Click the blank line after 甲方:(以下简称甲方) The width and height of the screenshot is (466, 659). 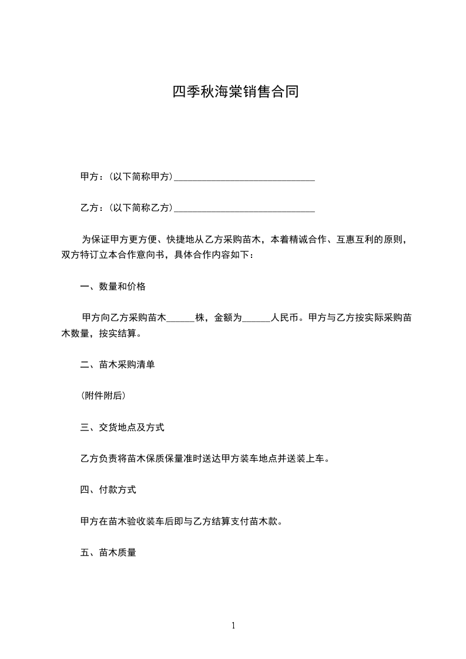click(x=244, y=177)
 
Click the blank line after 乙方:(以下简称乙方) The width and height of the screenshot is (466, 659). click(x=244, y=208)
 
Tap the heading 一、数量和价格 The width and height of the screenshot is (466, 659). click(x=113, y=287)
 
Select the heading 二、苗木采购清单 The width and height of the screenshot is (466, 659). click(x=118, y=365)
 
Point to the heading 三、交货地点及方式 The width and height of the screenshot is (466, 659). click(x=122, y=428)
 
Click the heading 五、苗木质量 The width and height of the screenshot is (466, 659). click(x=108, y=553)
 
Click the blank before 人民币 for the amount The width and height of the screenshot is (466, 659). click(x=256, y=318)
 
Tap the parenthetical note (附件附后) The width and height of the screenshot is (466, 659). click(x=102, y=396)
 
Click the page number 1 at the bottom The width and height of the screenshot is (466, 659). click(x=233, y=626)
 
